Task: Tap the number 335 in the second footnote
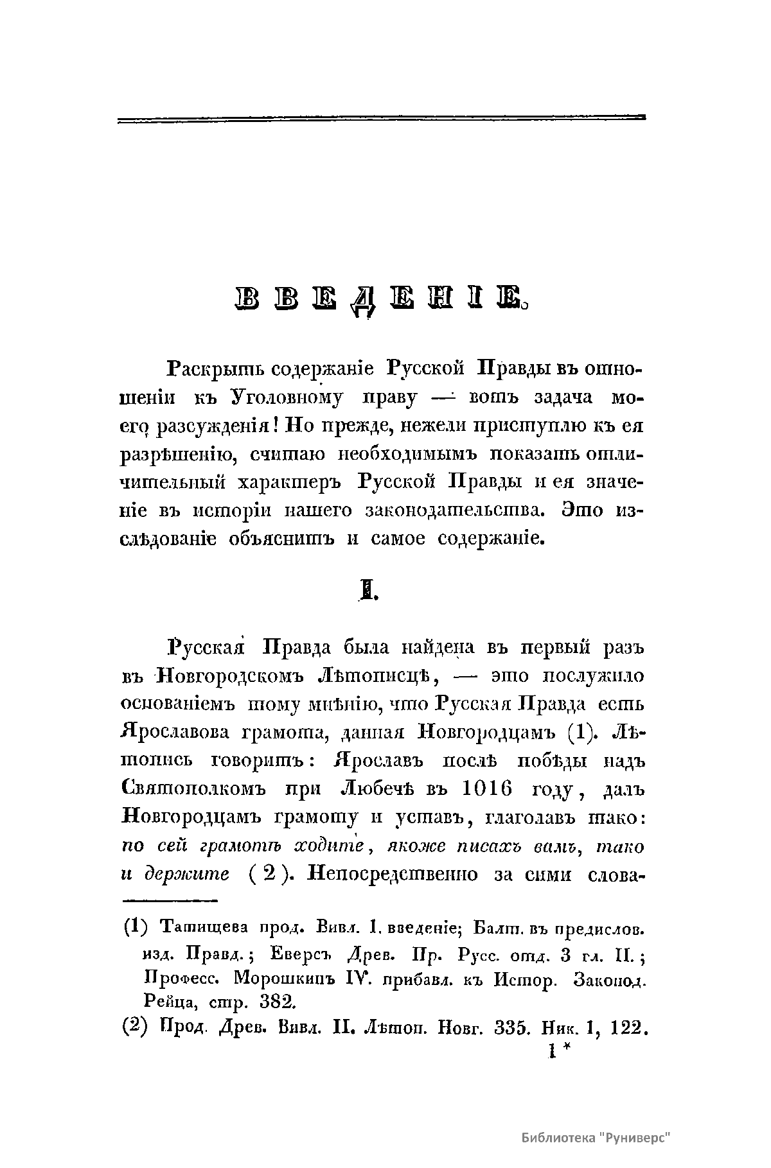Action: point(511,1027)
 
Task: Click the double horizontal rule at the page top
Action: point(382,118)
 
